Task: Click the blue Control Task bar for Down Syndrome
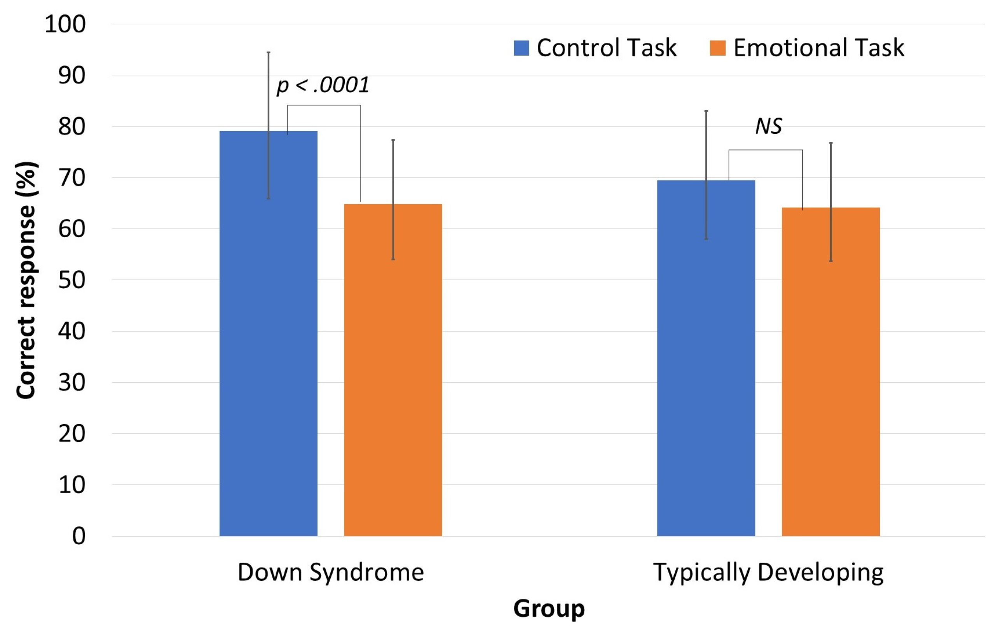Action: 268,333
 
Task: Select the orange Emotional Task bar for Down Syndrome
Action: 393,370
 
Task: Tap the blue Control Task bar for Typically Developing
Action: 706,358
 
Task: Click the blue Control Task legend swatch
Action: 522,48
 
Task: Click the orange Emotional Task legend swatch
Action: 718,48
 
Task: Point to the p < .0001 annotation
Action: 323,85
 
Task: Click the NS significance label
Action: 768,126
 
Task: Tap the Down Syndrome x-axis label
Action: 331,573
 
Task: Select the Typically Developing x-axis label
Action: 768,573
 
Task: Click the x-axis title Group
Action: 549,609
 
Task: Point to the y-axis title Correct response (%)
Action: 26,280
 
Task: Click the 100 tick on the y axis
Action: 65,24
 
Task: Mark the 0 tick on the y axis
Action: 79,536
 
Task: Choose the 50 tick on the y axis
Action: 72,280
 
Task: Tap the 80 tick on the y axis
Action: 72,126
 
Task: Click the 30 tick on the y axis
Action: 72,382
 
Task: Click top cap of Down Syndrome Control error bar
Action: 269,52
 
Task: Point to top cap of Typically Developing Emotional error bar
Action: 831,143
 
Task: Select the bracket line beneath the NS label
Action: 766,150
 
